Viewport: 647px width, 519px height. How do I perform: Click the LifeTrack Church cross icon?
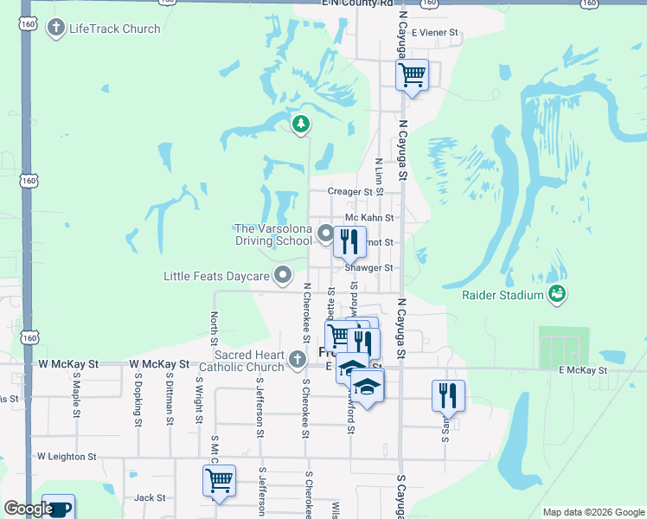(x=55, y=29)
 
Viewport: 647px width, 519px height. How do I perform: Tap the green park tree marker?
(x=301, y=125)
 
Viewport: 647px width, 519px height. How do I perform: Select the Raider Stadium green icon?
(x=557, y=295)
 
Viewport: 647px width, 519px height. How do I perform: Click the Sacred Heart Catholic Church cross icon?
(x=298, y=358)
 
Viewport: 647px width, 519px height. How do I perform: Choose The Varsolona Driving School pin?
(x=325, y=234)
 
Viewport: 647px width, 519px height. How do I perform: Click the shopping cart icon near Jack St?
(x=220, y=479)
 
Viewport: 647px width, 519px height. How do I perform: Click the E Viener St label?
(x=435, y=33)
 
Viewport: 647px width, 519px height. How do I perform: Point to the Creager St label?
(x=349, y=192)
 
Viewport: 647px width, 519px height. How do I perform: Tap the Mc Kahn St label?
(x=369, y=218)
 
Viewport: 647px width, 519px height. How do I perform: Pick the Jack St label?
(x=150, y=497)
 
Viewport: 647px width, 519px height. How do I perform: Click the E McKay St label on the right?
(x=583, y=370)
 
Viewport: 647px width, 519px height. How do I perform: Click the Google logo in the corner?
(x=29, y=509)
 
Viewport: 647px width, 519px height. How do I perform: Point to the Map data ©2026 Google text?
(x=593, y=512)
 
